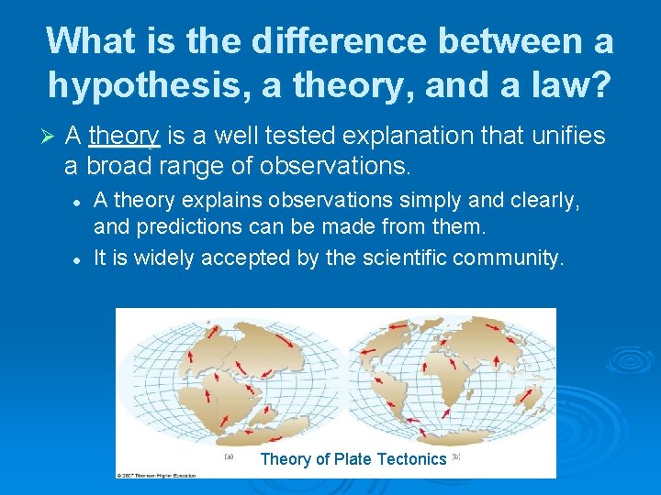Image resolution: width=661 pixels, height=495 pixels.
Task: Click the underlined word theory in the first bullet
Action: (x=125, y=137)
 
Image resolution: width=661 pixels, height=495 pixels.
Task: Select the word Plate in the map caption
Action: (x=353, y=459)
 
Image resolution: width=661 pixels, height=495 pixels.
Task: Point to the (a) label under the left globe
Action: (x=228, y=456)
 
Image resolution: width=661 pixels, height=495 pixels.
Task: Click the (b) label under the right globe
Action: (x=454, y=456)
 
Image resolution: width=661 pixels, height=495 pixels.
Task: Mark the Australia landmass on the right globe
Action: (x=530, y=397)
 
